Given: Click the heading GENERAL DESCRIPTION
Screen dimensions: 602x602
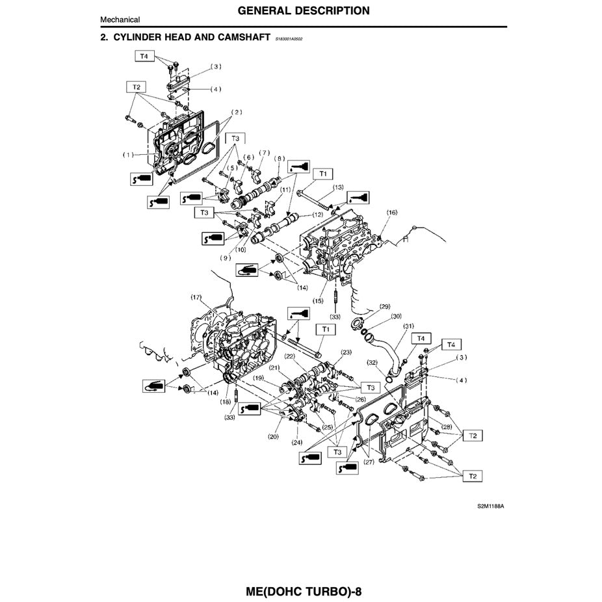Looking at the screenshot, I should (304, 10).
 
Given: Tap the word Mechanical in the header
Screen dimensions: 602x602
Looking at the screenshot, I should (120, 20).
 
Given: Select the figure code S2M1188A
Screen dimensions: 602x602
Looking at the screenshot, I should (490, 505).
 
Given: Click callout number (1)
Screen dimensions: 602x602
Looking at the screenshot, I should (129, 155).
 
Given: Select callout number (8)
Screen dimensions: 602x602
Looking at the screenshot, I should (280, 158).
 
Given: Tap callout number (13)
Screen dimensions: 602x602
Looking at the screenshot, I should (337, 187).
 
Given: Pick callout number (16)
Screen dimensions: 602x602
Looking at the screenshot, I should (391, 213).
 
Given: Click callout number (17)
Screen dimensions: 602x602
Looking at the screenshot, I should (196, 297).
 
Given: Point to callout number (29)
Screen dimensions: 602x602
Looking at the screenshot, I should (384, 306).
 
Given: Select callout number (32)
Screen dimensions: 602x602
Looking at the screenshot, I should (372, 362).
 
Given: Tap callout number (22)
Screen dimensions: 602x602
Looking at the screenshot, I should (290, 356).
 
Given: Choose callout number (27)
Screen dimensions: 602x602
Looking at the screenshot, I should (368, 462).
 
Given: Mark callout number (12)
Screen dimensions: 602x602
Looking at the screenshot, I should (317, 214).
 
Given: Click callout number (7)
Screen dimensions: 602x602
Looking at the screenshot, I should (264, 153).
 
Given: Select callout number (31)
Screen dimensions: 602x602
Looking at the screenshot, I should (408, 326).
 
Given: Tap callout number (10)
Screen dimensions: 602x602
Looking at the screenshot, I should (241, 250).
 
